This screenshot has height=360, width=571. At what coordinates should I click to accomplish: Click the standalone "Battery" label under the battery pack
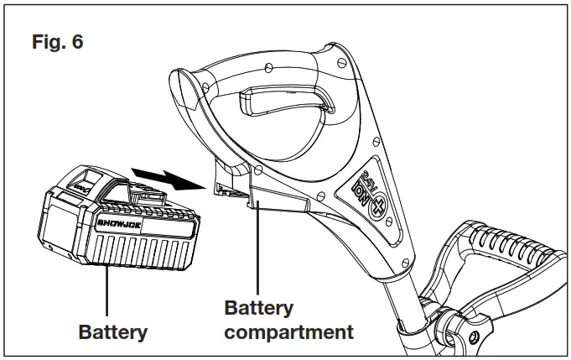click(x=112, y=331)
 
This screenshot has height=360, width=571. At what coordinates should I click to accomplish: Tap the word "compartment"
click(x=288, y=331)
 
